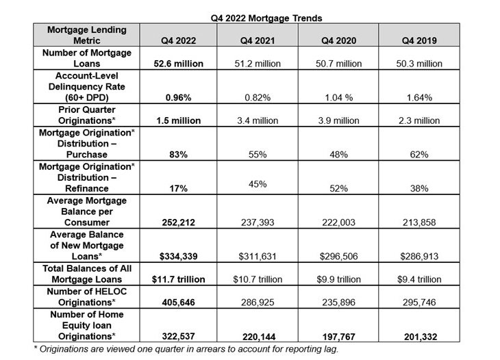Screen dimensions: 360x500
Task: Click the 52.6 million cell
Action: (x=177, y=64)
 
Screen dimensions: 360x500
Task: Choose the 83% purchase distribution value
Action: (x=177, y=155)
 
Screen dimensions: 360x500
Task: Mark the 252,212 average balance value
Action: (x=177, y=223)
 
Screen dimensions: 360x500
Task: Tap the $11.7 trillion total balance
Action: (x=177, y=279)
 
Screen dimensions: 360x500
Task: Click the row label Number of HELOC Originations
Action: (x=87, y=296)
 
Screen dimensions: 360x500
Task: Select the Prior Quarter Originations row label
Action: (x=87, y=115)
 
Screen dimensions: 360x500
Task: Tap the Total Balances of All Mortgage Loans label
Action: (x=87, y=274)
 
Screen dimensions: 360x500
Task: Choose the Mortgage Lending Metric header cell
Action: (x=87, y=36)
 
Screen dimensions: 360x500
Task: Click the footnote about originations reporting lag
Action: (x=185, y=350)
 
